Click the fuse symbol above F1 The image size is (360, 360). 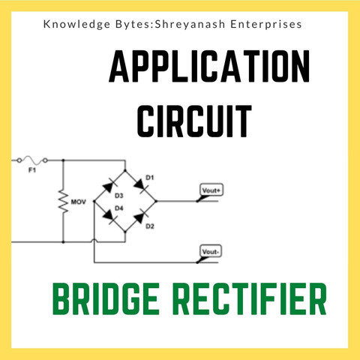(x=32, y=160)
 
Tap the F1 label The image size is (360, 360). (x=32, y=170)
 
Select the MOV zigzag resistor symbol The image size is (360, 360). (x=63, y=202)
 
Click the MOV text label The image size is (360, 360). (x=78, y=202)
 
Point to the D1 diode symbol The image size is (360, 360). (x=141, y=186)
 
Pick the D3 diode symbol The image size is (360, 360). (x=110, y=186)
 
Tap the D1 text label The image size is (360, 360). (x=149, y=178)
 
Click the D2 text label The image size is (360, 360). (x=150, y=226)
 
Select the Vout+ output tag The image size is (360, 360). (x=211, y=190)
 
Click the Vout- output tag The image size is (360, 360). (x=211, y=251)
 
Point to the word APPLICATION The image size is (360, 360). (x=209, y=66)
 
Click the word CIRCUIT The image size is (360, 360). (x=194, y=121)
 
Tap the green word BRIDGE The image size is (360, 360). (x=106, y=298)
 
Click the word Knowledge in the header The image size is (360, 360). (x=76, y=25)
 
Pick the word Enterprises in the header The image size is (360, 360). (x=266, y=25)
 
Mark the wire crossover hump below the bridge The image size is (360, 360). (x=94, y=241)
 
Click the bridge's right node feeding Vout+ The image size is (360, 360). (x=156, y=201)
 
